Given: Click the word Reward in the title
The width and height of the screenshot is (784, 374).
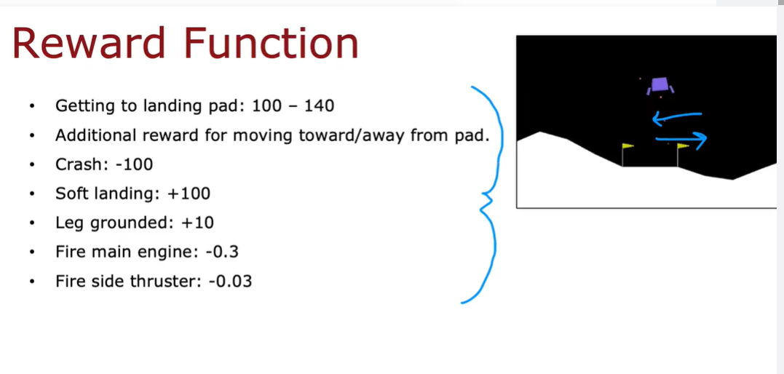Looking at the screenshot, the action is [89, 43].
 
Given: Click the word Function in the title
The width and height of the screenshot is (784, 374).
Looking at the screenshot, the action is [271, 43].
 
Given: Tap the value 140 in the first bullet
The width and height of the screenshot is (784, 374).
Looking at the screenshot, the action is [319, 106].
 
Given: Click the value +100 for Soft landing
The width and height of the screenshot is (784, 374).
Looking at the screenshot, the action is [189, 194].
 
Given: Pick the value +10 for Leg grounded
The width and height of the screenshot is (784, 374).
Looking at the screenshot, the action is [197, 223].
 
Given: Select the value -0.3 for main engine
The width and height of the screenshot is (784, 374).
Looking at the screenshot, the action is [222, 252].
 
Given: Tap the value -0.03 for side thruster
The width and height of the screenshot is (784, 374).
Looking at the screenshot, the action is [230, 281].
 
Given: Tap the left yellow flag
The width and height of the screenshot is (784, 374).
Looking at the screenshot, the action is [628, 146].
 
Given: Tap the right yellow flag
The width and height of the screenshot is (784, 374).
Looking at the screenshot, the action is [683, 146].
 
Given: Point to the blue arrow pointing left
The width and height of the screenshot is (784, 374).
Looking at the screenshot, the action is [677, 116].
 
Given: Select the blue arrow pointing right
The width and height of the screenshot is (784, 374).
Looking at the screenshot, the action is [681, 139].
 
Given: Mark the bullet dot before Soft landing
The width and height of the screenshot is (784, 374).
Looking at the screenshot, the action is [33, 194].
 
